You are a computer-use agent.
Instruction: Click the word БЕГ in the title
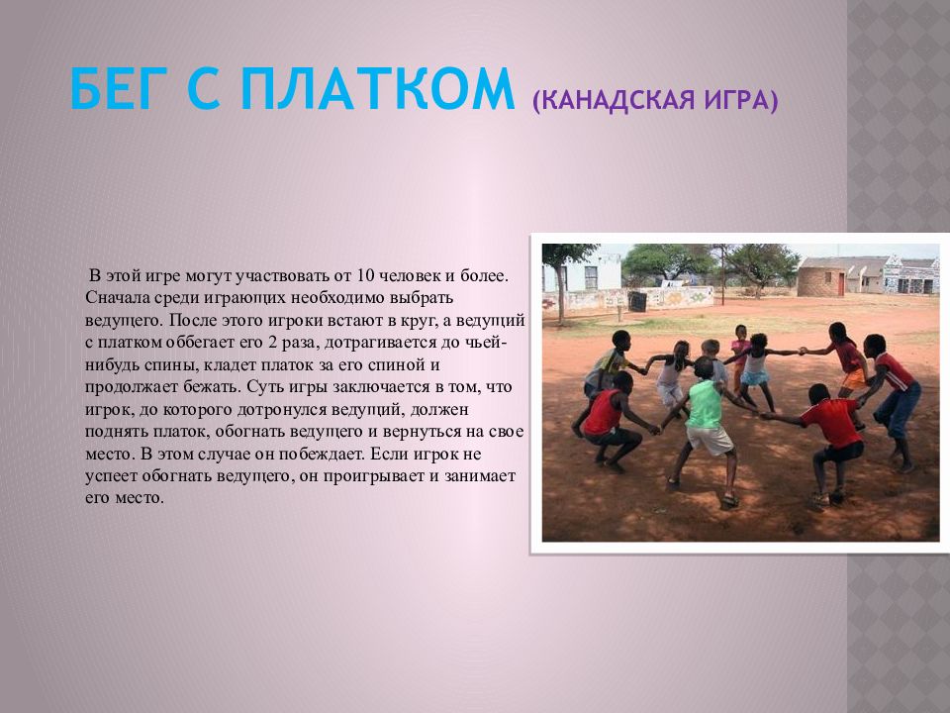click(110, 89)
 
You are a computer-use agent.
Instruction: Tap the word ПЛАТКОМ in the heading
click(376, 89)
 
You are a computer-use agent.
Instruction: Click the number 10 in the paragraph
click(365, 276)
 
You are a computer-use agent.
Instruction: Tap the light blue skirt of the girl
click(754, 378)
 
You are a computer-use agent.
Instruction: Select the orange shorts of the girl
click(854, 379)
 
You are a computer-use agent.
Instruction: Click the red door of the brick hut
click(841, 284)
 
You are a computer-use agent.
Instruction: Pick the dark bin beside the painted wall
click(637, 301)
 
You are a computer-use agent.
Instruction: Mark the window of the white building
click(591, 277)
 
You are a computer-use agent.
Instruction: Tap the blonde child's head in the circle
click(710, 348)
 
